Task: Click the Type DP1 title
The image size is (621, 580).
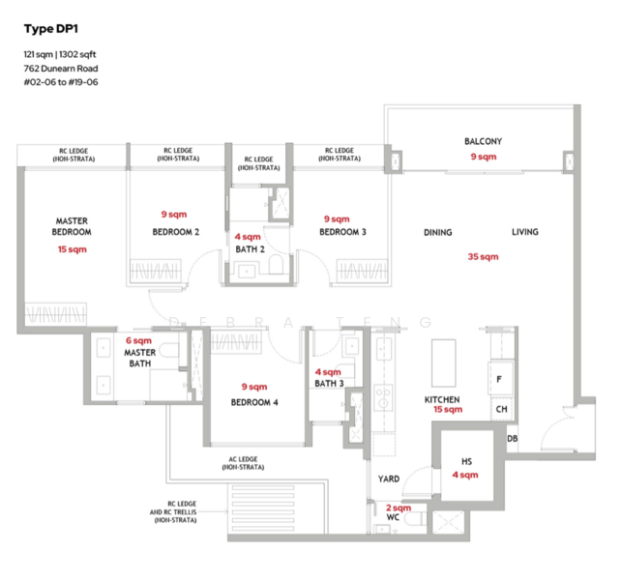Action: [x=50, y=29]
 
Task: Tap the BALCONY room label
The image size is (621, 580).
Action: [x=483, y=141]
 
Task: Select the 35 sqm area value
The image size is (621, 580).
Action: [x=483, y=256]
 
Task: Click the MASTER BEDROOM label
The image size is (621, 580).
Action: [x=72, y=226]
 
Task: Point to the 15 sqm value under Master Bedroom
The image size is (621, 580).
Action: [x=73, y=249]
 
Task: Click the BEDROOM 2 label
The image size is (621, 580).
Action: [x=176, y=232]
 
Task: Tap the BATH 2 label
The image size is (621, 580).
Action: [x=250, y=249]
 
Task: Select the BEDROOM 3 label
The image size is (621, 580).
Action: [x=342, y=232]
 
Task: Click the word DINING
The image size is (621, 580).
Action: [x=437, y=232]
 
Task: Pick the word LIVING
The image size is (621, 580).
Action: [x=525, y=232]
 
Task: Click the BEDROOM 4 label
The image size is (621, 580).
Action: [x=254, y=403]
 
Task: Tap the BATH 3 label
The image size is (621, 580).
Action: [x=329, y=384]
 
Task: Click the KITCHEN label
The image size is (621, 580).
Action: [x=442, y=400]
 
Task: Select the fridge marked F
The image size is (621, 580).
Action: [x=501, y=378]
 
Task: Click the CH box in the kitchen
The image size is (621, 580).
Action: [x=501, y=409]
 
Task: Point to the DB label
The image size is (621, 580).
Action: [x=512, y=439]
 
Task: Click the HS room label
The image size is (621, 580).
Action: [x=466, y=462]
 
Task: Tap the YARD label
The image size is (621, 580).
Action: [x=389, y=479]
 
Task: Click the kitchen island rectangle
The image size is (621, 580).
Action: [x=444, y=363]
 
